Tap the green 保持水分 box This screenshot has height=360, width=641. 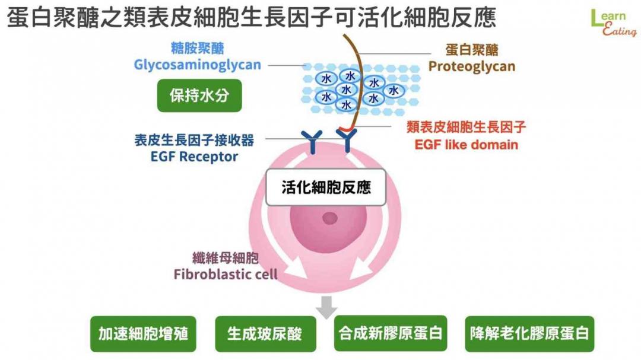[199, 95]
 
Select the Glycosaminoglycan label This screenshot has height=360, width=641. [198, 65]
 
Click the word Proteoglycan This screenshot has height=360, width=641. [472, 66]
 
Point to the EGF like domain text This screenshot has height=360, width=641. [466, 145]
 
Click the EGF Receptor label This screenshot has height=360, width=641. [194, 157]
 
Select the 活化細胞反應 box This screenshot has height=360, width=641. [326, 187]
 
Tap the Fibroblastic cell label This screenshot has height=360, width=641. [226, 274]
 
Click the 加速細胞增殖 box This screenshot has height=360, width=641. [143, 334]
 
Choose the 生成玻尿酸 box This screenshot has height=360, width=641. [265, 334]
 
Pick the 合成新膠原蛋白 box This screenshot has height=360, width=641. [391, 333]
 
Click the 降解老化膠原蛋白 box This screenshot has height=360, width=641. [529, 334]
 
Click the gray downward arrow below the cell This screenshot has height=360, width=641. [326, 307]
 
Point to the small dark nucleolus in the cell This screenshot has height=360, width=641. [329, 218]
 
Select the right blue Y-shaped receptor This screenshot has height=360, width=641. [347, 141]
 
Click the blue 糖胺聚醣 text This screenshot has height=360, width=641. [198, 49]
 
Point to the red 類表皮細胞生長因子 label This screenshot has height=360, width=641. [466, 127]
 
